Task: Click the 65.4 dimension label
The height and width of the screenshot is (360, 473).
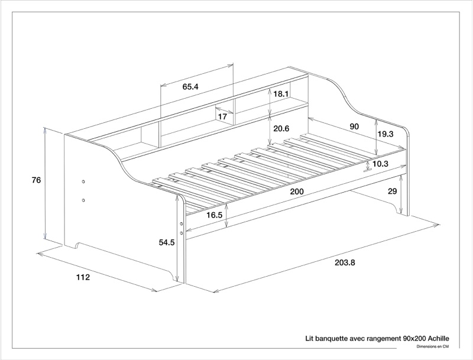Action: pos(190,87)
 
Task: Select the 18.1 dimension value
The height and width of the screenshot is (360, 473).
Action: pos(280,94)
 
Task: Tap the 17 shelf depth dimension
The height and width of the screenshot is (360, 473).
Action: pos(222,117)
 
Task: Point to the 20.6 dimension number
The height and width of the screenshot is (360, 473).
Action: pos(280,128)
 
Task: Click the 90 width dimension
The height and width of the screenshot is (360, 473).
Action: pos(354,127)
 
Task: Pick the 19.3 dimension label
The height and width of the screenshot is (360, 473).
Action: pos(385,134)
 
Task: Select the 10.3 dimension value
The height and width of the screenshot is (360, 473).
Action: pos(380,164)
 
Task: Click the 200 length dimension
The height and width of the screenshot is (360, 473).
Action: pos(297,192)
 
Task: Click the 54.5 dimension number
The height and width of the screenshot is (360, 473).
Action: pos(167,242)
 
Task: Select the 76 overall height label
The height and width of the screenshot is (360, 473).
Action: pos(36,180)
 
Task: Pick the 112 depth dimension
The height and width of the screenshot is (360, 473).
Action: pos(82,278)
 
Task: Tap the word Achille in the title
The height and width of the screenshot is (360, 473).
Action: pos(436,339)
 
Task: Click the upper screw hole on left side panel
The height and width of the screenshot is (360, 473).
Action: pos(83,181)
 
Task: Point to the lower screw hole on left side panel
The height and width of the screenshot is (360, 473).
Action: pos(83,200)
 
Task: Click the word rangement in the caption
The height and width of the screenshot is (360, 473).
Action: pos(383,339)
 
